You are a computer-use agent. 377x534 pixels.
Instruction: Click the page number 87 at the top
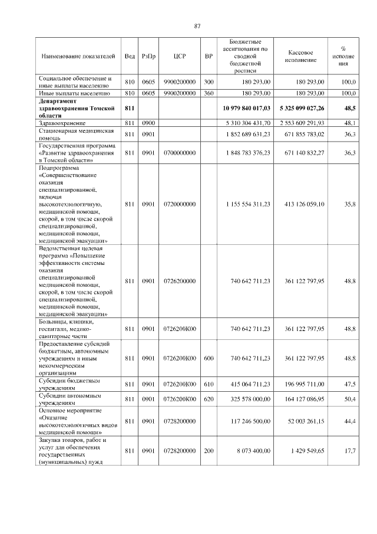[197, 25]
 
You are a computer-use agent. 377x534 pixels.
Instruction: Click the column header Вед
[130, 57]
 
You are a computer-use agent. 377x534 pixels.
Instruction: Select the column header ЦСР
[180, 57]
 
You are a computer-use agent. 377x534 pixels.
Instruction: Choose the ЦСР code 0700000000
[180, 153]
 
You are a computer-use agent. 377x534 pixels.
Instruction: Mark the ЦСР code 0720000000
[180, 204]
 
